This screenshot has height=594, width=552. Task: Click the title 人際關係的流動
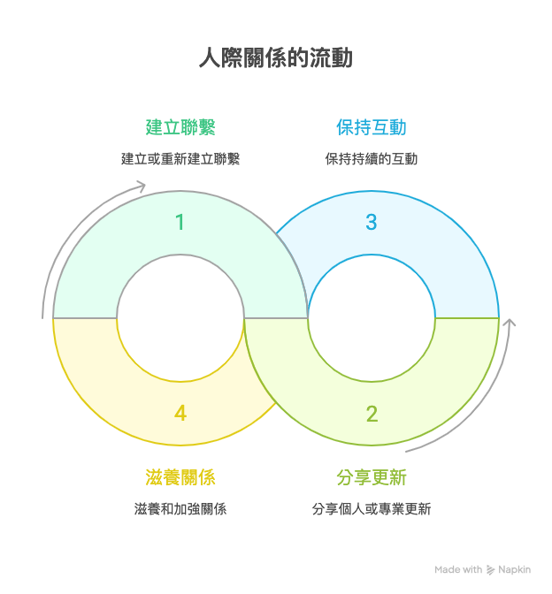click(x=275, y=58)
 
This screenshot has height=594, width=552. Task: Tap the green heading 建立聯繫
click(x=180, y=127)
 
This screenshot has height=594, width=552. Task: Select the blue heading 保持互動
click(x=372, y=127)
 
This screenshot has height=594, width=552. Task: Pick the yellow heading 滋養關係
click(x=180, y=477)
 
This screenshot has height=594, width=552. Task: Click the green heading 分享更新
click(x=372, y=477)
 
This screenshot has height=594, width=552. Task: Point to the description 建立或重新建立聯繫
click(x=180, y=159)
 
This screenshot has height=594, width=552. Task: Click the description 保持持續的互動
click(x=372, y=159)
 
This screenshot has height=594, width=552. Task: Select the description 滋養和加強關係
click(x=180, y=509)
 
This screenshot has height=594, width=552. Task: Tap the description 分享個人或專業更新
click(x=372, y=509)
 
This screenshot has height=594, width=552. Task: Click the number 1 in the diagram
click(x=180, y=222)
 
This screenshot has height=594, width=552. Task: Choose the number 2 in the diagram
click(x=372, y=413)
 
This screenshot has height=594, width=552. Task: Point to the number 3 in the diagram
click(x=372, y=222)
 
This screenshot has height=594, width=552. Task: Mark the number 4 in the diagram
click(x=180, y=413)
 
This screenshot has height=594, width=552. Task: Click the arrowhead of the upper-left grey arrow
click(x=141, y=186)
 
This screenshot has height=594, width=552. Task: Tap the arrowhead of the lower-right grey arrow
click(x=509, y=323)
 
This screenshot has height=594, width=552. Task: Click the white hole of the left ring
click(x=180, y=318)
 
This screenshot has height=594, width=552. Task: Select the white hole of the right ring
click(x=372, y=318)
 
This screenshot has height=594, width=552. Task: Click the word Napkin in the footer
click(x=515, y=570)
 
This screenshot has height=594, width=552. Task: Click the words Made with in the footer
click(x=459, y=570)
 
